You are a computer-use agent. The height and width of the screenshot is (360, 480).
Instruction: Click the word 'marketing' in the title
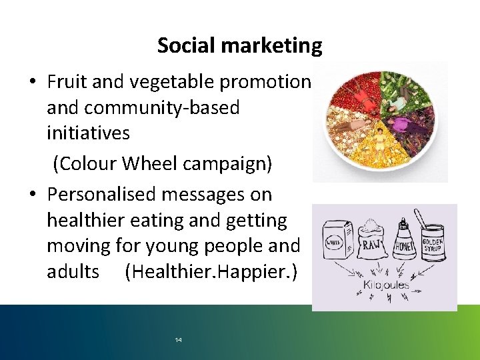(271, 45)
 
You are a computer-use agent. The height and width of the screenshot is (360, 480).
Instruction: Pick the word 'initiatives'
(88, 133)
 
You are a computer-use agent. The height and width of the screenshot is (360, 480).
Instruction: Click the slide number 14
(178, 340)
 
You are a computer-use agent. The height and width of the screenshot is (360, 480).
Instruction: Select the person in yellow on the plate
(381, 141)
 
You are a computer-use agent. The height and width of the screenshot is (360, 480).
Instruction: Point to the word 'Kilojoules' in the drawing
(385, 285)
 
